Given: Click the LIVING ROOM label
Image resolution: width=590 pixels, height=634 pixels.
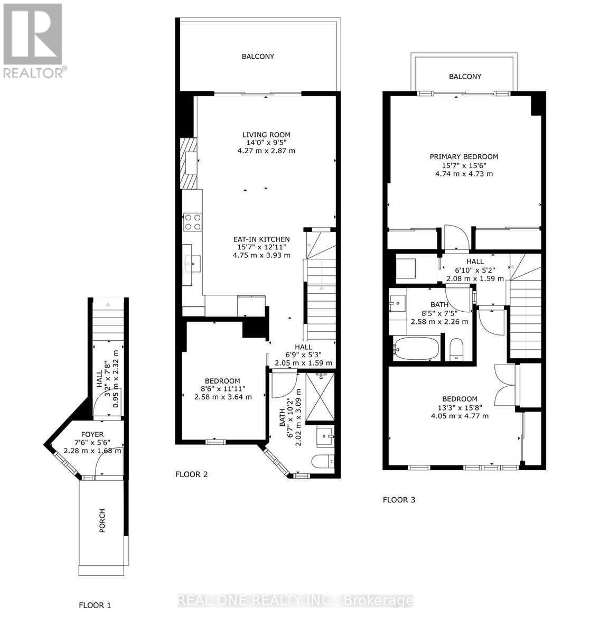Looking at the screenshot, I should click(x=263, y=135).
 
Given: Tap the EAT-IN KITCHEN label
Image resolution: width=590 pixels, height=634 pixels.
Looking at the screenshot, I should click(x=263, y=239).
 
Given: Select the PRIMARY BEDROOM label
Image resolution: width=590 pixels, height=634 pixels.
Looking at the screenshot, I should click(x=464, y=157).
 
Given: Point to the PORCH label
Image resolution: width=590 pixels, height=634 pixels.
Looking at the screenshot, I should click(x=102, y=521).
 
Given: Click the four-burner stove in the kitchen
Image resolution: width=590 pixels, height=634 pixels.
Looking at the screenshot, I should click(x=192, y=221).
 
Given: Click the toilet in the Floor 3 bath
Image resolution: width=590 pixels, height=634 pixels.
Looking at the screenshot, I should click(x=455, y=350).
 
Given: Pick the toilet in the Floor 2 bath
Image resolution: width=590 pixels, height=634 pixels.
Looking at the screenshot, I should click(x=323, y=462).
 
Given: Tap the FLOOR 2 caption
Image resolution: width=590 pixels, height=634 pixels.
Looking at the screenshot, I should click(x=191, y=474).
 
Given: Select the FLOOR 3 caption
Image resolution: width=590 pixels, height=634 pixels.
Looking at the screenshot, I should click(x=399, y=499).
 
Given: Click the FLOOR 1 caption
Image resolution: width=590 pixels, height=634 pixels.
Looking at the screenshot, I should click(x=95, y=605).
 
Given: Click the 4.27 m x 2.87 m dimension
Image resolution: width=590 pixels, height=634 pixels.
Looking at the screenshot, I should click(x=266, y=151).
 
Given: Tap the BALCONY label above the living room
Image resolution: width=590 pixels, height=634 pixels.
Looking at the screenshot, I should click(x=258, y=57).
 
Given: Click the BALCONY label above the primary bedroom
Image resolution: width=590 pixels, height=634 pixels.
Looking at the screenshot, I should click(x=465, y=77).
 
